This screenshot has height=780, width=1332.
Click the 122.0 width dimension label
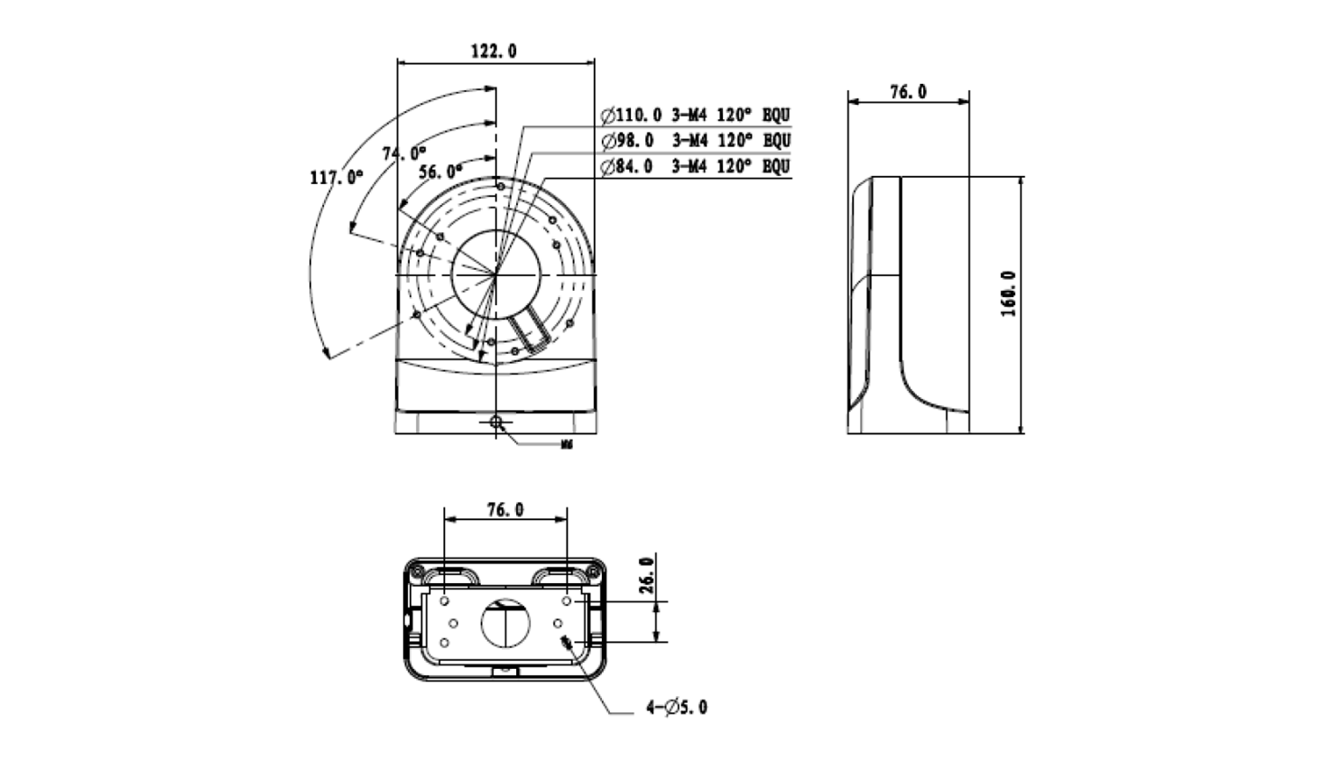[494, 51]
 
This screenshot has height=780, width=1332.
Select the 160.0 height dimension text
[1008, 293]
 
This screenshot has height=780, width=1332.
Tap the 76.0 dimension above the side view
[908, 92]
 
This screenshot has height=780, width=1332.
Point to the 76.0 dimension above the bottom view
[505, 510]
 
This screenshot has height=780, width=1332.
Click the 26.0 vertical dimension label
[646, 575]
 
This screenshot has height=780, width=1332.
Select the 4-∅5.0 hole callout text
[677, 708]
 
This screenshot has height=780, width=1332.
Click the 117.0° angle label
[336, 177]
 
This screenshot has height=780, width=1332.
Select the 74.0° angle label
[403, 153]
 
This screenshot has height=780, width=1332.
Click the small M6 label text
[567, 444]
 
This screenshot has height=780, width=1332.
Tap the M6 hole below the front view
[496, 422]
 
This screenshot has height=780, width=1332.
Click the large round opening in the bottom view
[506, 623]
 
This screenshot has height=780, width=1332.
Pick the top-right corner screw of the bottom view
[594, 571]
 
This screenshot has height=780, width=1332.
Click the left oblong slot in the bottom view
[447, 575]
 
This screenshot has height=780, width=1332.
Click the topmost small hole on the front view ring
[500, 188]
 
